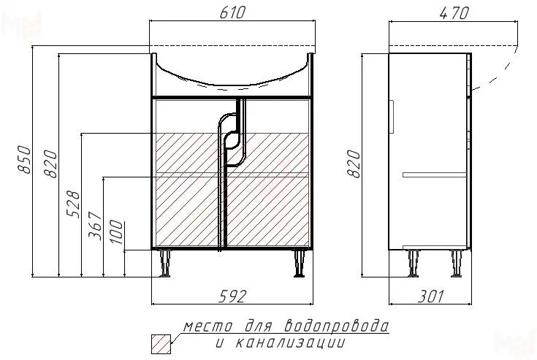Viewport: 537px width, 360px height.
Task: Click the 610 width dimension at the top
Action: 232,12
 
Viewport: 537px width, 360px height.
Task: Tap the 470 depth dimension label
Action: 454,13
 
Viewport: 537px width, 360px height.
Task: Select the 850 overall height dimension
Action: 24,159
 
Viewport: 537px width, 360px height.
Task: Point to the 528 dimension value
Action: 73,204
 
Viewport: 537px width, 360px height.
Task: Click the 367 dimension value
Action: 95,226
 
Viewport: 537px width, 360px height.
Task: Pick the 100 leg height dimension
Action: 116,232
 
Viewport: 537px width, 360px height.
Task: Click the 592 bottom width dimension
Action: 232,296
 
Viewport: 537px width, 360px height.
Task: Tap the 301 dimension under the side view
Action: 430,296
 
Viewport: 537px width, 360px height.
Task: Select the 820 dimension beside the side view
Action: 354,164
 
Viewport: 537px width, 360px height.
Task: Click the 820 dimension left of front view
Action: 51,164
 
